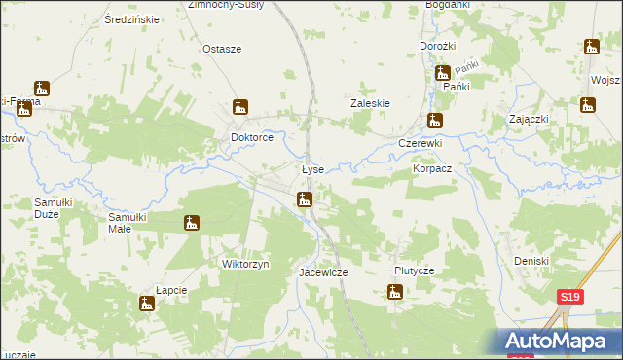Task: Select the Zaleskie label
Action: pos(370,102)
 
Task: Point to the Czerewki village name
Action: pos(421,143)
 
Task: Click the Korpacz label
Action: pos(432,168)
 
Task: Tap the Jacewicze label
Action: pos(322,273)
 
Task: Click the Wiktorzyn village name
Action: pos(245,264)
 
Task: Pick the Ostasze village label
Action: pos(221,49)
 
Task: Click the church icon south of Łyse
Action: pos(305,200)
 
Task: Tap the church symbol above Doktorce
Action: pos(240,107)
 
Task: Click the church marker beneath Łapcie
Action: pos(146,305)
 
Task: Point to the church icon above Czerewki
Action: pos(435,121)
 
